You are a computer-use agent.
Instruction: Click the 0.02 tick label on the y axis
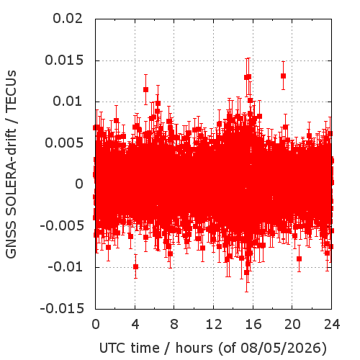click(x=68, y=19)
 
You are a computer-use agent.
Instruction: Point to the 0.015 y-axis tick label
click(x=64, y=60)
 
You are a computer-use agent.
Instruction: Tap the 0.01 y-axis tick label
click(x=68, y=102)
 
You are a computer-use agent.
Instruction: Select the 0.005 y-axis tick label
click(x=64, y=143)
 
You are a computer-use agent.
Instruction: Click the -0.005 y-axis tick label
click(x=62, y=225)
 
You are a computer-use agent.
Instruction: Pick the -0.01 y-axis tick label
click(x=66, y=267)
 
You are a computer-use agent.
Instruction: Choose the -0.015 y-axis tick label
click(x=62, y=308)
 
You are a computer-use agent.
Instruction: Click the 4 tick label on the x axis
click(x=135, y=324)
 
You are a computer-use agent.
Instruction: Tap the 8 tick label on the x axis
click(x=174, y=324)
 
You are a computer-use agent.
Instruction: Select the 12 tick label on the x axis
click(x=214, y=324)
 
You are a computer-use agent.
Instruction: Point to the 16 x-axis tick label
click(x=253, y=324)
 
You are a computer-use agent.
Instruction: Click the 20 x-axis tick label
click(x=292, y=324)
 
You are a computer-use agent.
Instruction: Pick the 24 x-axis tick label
click(x=332, y=324)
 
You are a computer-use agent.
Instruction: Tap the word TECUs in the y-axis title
click(x=11, y=91)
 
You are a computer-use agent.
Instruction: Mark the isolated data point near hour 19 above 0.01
click(x=283, y=76)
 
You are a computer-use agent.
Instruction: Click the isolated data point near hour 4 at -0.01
click(x=135, y=266)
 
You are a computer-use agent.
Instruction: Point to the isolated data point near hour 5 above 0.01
click(x=145, y=89)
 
